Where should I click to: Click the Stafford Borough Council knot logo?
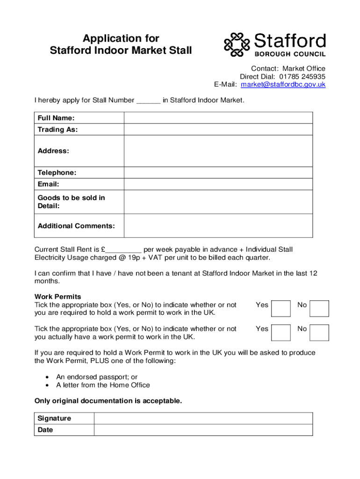[x=238, y=44]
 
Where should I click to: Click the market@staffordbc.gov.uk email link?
[x=283, y=85]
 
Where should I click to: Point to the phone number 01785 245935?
[x=302, y=77]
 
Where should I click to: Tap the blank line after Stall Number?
[x=148, y=101]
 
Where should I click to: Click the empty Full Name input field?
[x=218, y=118]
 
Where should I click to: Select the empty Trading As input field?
[x=218, y=130]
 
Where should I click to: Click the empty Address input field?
[x=218, y=151]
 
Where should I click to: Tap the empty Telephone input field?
[x=218, y=173]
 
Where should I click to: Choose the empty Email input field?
[x=218, y=184]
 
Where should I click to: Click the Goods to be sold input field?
[x=218, y=202]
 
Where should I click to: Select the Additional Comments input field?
[x=218, y=226]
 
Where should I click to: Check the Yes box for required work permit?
[x=281, y=309]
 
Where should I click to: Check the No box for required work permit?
[x=320, y=309]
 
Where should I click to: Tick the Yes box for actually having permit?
[x=281, y=333]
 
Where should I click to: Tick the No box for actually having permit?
[x=320, y=333]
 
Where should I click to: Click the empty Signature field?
[x=203, y=418]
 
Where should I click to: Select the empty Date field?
[x=203, y=430]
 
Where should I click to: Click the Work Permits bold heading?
[x=58, y=297]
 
